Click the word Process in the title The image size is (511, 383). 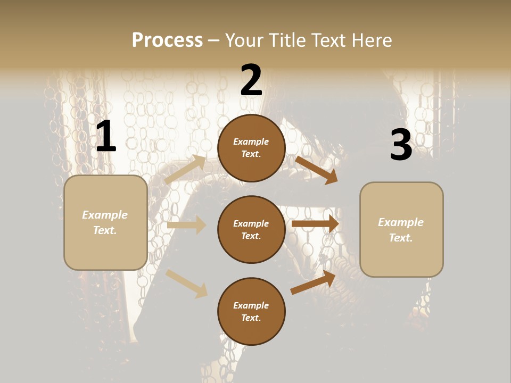tap(167, 40)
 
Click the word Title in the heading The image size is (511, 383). tap(286, 40)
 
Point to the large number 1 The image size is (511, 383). tap(106, 137)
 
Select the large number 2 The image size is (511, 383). tap(251, 80)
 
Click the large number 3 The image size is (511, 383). tap(401, 145)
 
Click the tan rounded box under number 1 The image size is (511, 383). tap(105, 222)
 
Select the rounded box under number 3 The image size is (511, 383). tap(401, 230)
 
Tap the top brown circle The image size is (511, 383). tap(251, 148)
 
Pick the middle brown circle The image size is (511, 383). tap(251, 229)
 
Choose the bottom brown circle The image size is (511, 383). tap(251, 311)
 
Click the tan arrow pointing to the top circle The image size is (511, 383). tap(185, 170)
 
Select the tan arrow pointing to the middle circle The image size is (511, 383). tap(186, 225)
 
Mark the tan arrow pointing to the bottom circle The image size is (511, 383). tap(187, 284)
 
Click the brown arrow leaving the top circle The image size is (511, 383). tap(316, 170)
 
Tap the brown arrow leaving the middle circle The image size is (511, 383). tap(315, 224)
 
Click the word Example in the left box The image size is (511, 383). tap(105, 215)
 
